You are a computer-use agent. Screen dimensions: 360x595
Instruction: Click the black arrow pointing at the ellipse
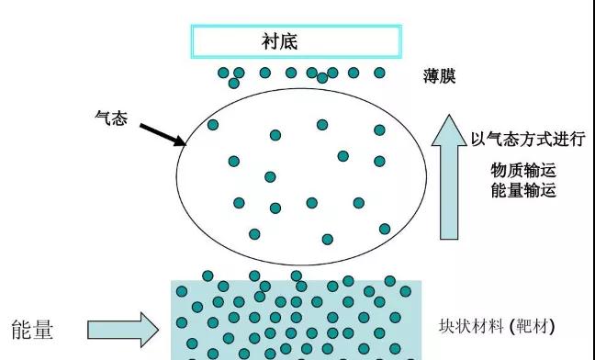click(x=163, y=133)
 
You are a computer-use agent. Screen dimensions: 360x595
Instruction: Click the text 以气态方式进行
click(x=527, y=140)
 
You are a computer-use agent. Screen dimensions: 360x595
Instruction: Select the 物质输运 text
click(x=523, y=172)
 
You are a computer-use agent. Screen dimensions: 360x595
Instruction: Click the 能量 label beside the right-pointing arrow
click(x=33, y=329)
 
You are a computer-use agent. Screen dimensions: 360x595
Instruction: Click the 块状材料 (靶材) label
click(x=497, y=327)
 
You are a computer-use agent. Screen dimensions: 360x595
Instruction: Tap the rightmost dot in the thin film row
click(x=379, y=73)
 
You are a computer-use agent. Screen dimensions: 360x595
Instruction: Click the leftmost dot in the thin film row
click(x=223, y=73)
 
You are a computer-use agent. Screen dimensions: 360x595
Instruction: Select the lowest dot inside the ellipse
click(x=327, y=240)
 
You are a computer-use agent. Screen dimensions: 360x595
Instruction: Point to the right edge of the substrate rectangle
click(x=400, y=41)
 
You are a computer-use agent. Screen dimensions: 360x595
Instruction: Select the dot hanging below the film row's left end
click(x=233, y=84)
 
